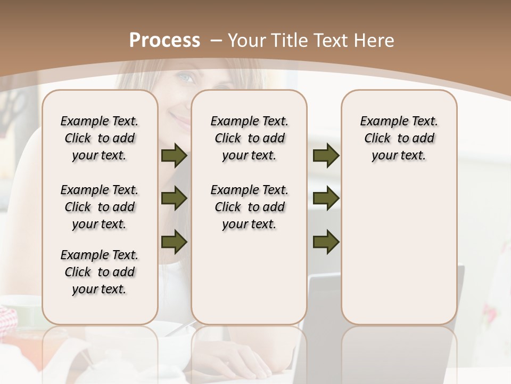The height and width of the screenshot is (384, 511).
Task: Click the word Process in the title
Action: tap(164, 40)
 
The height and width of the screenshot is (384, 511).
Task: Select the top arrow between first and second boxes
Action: tap(174, 155)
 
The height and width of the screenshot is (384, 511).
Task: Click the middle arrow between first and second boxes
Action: tap(174, 198)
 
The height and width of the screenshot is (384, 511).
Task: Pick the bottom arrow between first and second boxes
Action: tap(174, 242)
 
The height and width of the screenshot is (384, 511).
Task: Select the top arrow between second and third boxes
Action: tap(326, 155)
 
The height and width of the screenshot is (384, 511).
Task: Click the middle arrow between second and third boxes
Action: tap(326, 198)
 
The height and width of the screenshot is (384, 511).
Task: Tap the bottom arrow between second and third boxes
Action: tap(326, 242)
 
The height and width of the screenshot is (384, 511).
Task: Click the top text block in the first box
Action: tap(100, 138)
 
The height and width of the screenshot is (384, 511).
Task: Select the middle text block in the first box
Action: tap(100, 207)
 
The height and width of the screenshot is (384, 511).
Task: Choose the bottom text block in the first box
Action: tap(100, 272)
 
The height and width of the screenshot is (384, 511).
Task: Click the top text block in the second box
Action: tap(249, 138)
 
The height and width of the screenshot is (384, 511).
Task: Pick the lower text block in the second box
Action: tap(249, 207)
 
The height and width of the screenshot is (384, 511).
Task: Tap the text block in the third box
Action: tap(399, 138)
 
